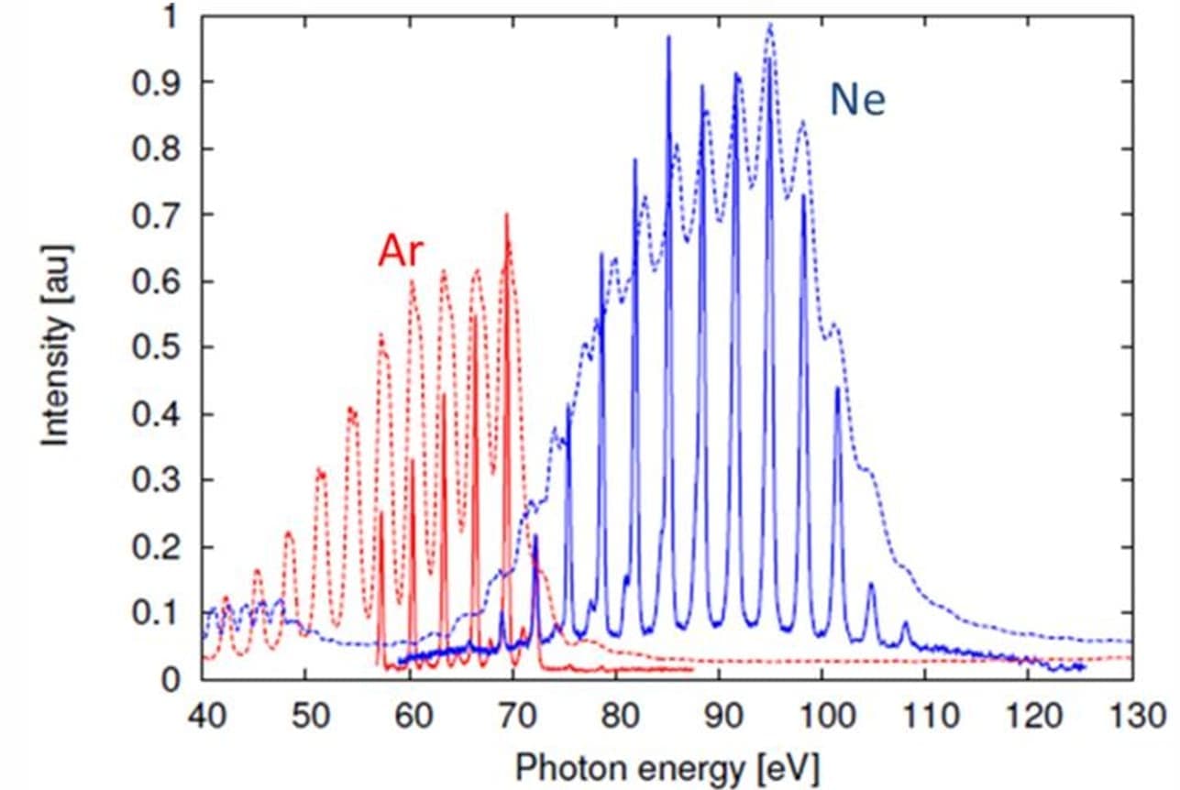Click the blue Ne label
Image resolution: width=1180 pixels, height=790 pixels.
pyautogui.click(x=857, y=99)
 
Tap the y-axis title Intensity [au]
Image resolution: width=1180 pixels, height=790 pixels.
pyautogui.click(x=56, y=345)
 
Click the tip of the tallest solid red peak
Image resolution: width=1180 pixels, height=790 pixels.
pyautogui.click(x=506, y=214)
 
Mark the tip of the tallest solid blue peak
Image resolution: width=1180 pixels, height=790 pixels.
pyautogui.click(x=668, y=37)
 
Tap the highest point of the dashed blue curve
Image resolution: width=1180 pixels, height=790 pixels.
pyautogui.click(x=770, y=25)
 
